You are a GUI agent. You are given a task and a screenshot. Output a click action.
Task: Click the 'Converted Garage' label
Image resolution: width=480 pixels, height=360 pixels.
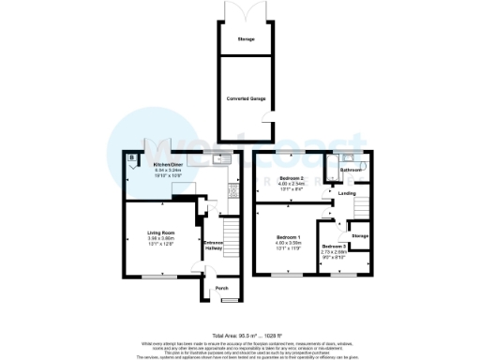coord(246,97)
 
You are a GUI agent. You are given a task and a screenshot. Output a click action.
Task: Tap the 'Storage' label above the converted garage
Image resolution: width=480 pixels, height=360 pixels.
coord(246,40)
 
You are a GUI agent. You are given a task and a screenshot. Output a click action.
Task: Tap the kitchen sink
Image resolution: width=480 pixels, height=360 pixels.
coord(217,160)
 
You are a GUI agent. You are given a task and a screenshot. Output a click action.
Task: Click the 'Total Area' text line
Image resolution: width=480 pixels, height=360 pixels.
coord(248,335)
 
